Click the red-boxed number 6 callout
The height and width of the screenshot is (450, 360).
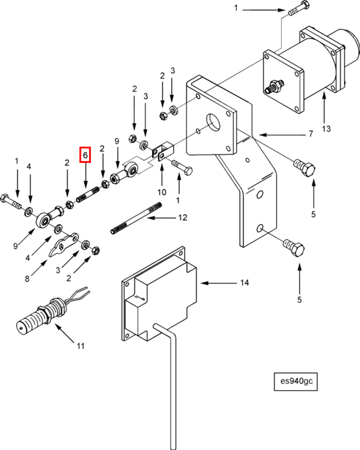85,155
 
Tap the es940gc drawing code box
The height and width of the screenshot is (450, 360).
296,381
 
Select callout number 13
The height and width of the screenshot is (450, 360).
326,129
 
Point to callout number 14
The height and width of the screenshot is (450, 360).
244,283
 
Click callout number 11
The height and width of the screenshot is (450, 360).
81,346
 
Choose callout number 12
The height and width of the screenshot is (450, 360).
182,217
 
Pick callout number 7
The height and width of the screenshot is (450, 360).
311,134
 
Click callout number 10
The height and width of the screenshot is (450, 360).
162,192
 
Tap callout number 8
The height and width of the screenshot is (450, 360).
27,279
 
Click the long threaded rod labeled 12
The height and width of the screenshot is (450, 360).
136,218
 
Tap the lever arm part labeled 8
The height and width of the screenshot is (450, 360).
64,243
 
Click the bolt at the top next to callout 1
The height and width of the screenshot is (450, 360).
298,9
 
